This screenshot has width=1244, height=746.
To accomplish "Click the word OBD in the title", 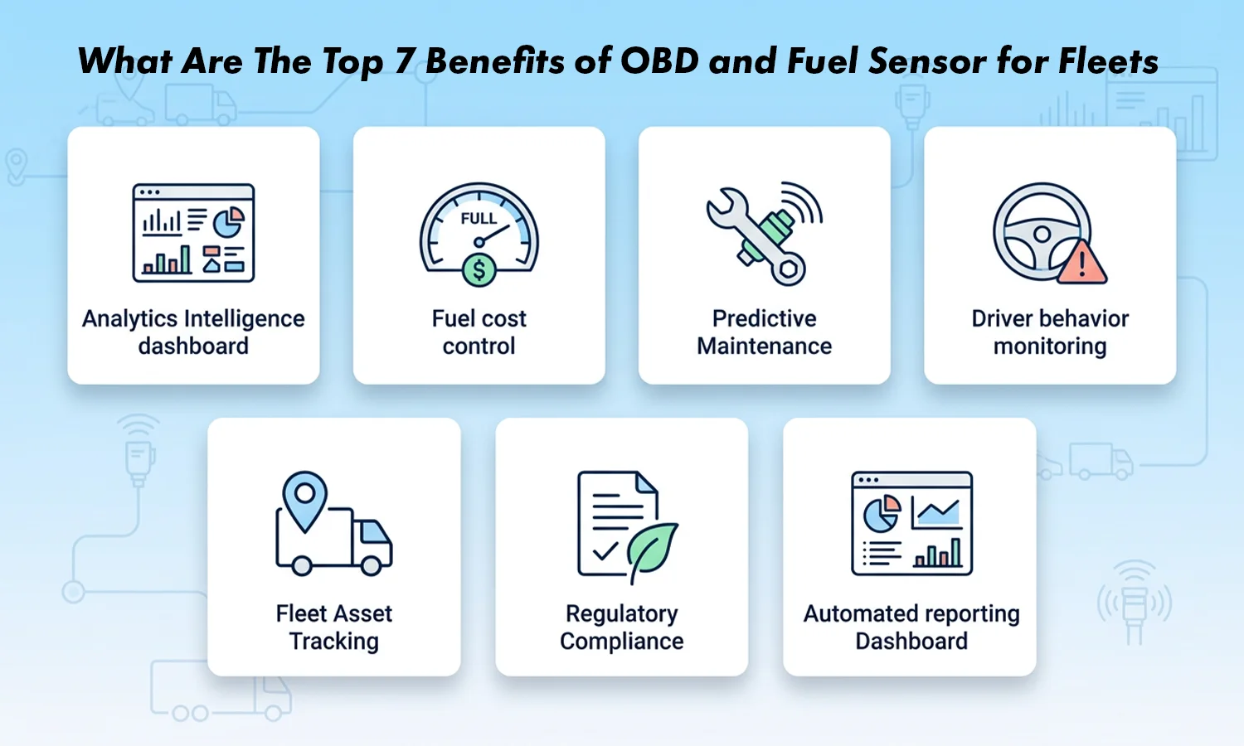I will (659, 61).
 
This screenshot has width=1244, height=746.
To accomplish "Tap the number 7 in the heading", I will (404, 61).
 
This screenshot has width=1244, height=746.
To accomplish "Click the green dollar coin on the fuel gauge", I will (479, 269).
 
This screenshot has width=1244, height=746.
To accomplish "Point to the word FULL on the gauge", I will (479, 219).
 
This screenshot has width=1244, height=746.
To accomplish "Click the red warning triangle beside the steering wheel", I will (1081, 263).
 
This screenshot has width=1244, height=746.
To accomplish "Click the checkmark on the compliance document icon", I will (605, 550).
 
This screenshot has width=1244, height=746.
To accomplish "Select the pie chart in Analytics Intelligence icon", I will (228, 222).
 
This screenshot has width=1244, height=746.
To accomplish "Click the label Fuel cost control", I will (479, 332).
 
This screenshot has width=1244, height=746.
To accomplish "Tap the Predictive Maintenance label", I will (764, 332).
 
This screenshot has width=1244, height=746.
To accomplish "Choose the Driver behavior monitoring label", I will (1049, 332).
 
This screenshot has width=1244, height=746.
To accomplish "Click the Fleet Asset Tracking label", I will (333, 627).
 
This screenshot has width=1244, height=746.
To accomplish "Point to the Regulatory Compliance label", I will (621, 627).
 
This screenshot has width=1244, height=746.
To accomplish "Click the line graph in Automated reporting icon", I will (936, 512).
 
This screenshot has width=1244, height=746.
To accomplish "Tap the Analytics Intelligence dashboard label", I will (193, 332).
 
